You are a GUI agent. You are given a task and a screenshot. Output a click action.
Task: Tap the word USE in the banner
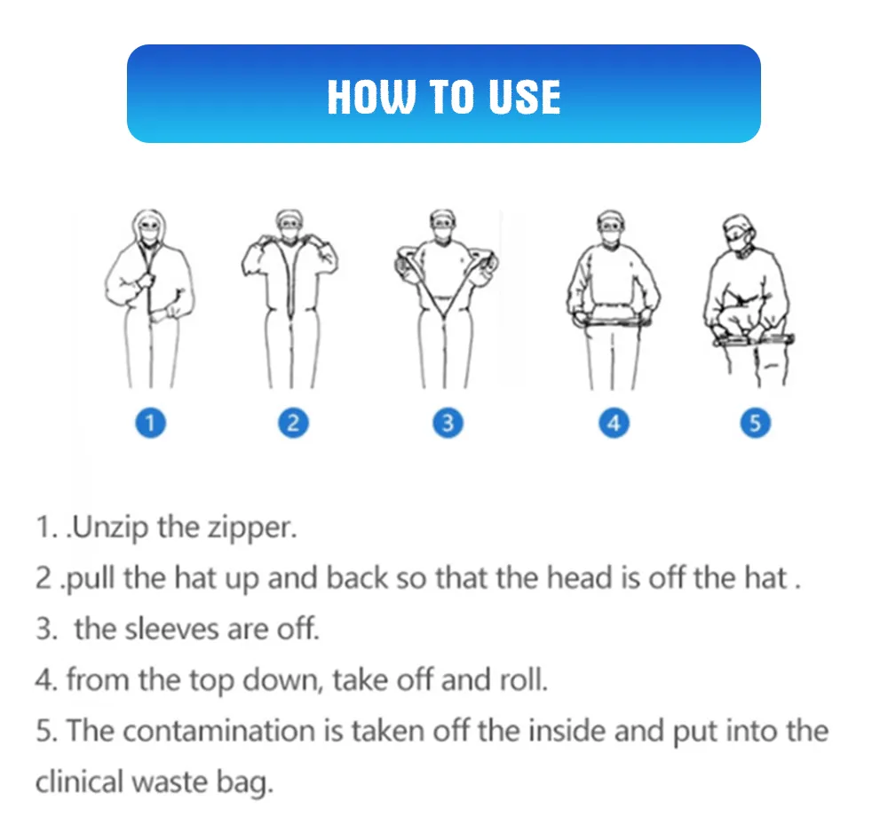point(524,96)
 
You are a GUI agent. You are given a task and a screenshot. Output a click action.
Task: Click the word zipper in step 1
point(250,528)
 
